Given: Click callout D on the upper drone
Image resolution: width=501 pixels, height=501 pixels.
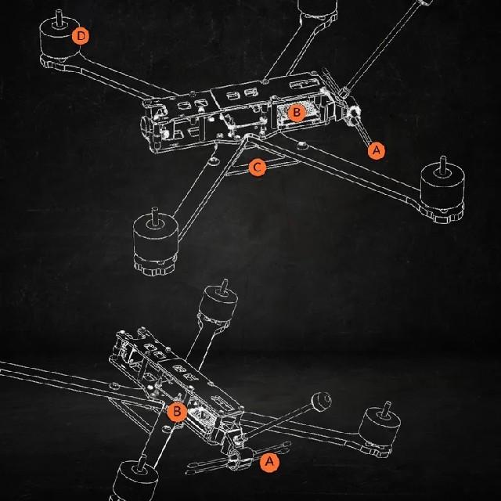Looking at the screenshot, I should tap(80, 35).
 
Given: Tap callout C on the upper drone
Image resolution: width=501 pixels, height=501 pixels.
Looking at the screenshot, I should tap(256, 167).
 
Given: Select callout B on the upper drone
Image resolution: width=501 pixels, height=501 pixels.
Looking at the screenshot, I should tap(296, 112).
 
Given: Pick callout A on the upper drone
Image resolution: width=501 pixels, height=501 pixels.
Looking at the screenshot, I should tap(377, 150).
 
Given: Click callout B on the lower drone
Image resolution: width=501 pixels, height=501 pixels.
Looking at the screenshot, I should tap(178, 411).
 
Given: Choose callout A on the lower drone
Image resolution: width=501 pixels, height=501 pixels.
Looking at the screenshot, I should tap(269, 462).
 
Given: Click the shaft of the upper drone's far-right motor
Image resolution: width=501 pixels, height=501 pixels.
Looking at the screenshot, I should tap(442, 164).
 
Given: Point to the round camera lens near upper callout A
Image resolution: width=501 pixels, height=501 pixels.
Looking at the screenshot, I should tap(355, 114).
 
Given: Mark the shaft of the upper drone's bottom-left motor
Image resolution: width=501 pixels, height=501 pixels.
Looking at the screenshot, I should tap(154, 213).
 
